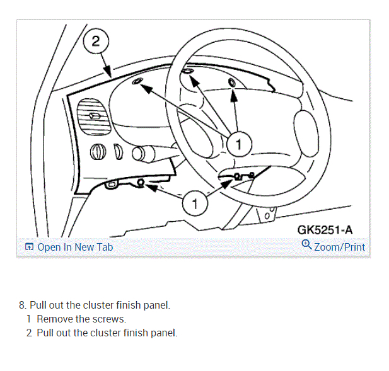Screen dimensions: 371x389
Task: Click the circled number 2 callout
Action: [96, 42]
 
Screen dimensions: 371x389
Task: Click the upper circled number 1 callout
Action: [238, 144]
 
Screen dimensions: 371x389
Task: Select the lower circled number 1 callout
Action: [194, 203]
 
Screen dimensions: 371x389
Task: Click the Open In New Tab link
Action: [75, 247]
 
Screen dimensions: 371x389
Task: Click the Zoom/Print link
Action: [339, 247]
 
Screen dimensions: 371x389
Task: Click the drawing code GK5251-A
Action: [325, 230]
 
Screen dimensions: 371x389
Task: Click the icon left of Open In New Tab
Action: [29, 247]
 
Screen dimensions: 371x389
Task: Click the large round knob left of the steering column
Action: [97, 151]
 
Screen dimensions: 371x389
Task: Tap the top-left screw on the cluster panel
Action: [138, 83]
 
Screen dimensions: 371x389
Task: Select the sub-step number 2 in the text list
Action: [29, 333]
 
